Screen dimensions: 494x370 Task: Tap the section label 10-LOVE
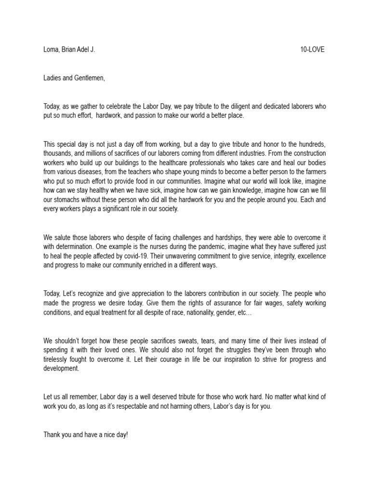[x=312, y=50]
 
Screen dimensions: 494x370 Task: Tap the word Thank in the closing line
[x=52, y=435]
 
